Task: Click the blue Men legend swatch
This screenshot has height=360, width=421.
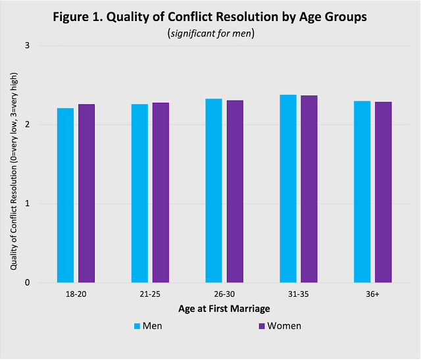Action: (137, 326)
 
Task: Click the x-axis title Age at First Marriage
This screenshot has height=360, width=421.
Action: (224, 308)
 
